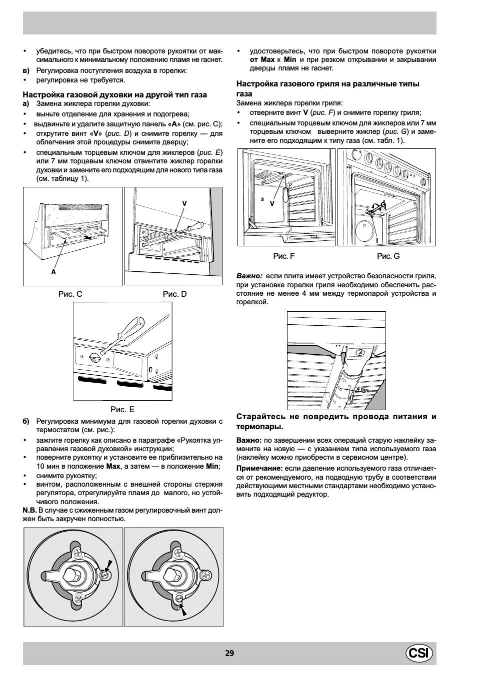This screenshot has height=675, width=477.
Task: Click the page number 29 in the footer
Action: [229, 653]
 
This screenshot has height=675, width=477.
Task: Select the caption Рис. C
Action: [70, 294]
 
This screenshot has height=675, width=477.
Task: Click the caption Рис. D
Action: [174, 294]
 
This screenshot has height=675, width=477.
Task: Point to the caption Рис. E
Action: [122, 409]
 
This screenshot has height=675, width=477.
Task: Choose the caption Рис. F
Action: [283, 256]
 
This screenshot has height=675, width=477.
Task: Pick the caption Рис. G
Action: [388, 256]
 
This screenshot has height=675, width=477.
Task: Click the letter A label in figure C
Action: [53, 272]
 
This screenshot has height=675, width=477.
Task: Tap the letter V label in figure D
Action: [184, 203]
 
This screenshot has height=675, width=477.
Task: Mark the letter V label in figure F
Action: [272, 203]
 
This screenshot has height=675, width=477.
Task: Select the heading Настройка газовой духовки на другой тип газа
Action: [114, 94]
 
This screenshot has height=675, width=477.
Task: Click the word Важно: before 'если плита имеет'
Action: [249, 275]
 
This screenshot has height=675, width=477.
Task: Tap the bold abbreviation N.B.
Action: [29, 510]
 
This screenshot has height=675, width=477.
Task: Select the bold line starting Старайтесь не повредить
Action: [336, 422]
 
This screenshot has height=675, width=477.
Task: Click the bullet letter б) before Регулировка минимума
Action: [26, 421]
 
